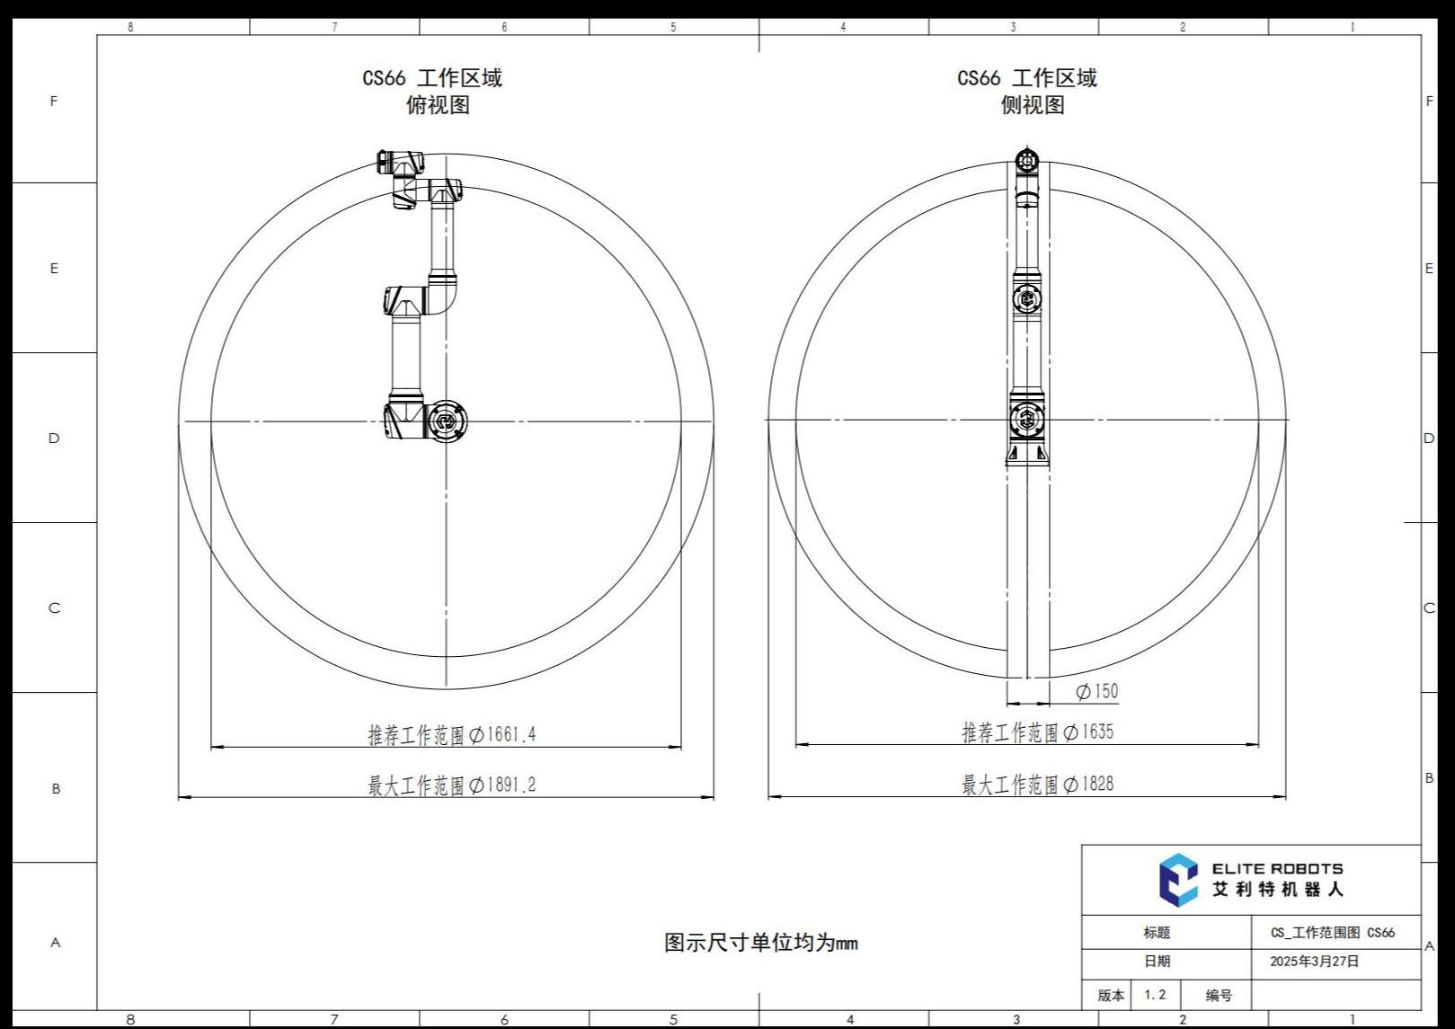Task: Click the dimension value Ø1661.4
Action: click(x=502, y=735)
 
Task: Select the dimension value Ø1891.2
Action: click(x=502, y=785)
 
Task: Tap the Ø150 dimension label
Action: click(x=1097, y=691)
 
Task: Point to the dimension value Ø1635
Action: click(x=1088, y=732)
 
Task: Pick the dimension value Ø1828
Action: click(x=1088, y=784)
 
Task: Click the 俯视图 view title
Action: click(x=438, y=104)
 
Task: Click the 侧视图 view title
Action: click(x=1032, y=104)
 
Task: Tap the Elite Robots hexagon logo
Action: click(x=1177, y=880)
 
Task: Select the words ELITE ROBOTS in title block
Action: click(x=1277, y=868)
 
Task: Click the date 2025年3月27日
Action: click(x=1314, y=962)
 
